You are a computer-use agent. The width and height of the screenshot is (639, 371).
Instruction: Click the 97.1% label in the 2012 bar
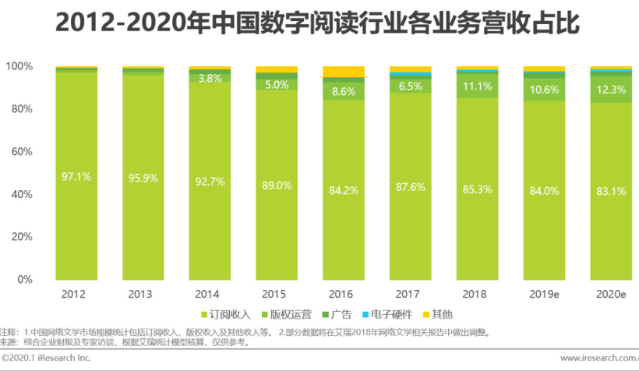(x=76, y=177)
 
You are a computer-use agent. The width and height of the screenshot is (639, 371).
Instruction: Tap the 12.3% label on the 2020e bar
(x=610, y=90)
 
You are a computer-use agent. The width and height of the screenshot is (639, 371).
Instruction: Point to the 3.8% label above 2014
(x=210, y=78)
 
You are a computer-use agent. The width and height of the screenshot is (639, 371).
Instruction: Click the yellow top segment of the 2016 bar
(x=344, y=72)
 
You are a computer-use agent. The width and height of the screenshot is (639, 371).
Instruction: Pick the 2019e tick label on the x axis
(x=544, y=295)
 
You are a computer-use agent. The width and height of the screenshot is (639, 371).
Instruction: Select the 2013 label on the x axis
(x=143, y=295)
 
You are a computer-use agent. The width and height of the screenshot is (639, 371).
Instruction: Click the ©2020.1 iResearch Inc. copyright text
(x=47, y=359)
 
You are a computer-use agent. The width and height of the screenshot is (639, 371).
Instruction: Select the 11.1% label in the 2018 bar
(x=477, y=87)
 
